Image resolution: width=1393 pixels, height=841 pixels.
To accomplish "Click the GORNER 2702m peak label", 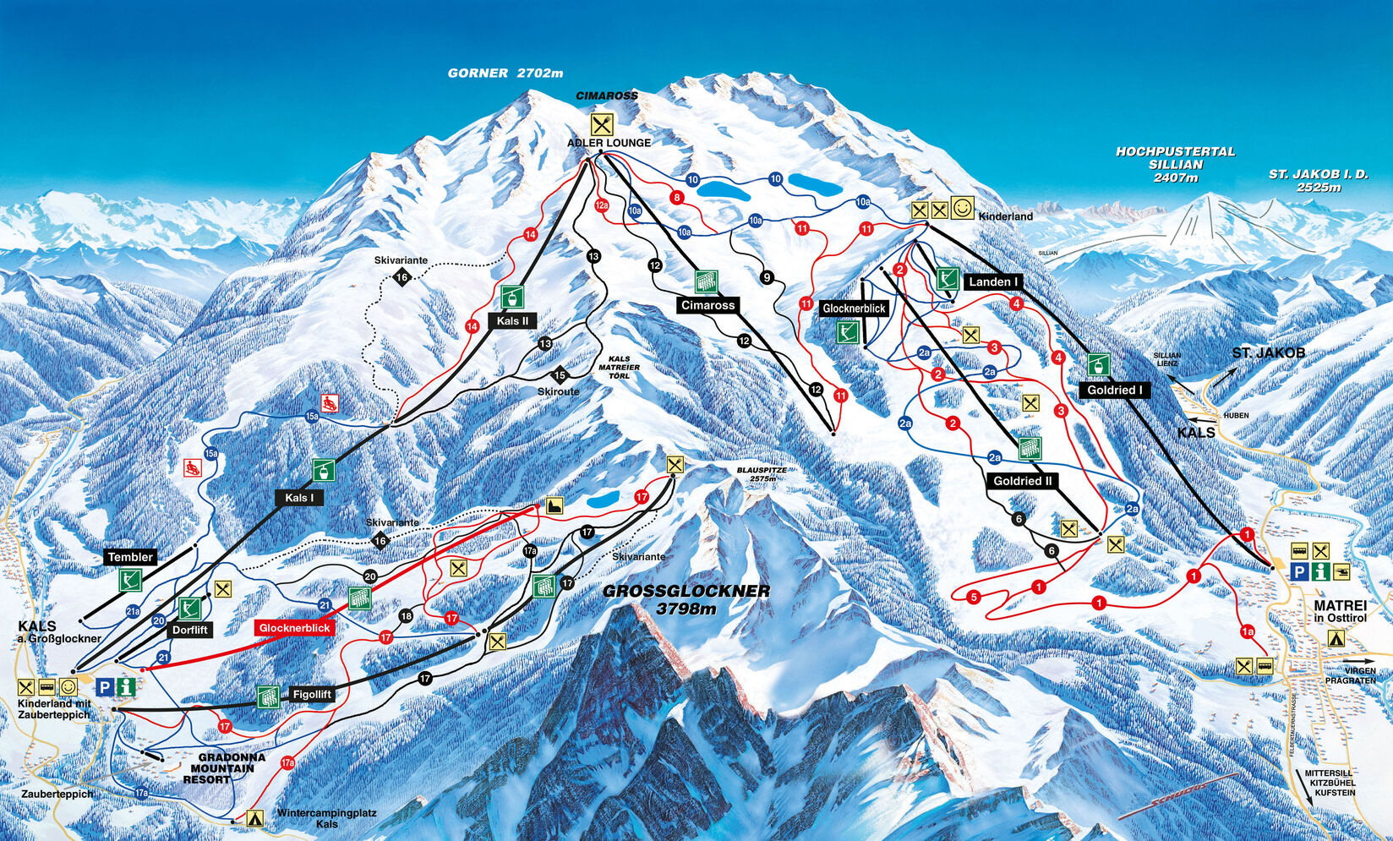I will [505, 74].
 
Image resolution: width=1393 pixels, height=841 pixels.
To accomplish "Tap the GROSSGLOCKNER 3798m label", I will [686, 599].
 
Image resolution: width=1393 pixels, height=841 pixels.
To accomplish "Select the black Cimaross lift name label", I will [707, 305].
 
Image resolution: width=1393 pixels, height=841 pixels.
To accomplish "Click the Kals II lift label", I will [512, 320].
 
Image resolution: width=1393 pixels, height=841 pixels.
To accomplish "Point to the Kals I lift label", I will [298, 498].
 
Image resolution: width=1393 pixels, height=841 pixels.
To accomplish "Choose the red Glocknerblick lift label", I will [294, 628].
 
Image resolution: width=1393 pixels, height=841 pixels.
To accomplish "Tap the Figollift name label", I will [312, 695].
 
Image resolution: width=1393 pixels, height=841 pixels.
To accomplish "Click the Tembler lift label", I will [130, 557].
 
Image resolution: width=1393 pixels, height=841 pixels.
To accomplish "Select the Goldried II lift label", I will [1023, 481].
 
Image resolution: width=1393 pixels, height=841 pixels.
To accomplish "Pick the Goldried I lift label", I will [1114, 390].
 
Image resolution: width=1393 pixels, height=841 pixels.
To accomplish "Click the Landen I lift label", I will [993, 281].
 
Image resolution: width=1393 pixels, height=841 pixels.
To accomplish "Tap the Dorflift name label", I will [190, 630].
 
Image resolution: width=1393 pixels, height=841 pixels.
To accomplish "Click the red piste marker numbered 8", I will [676, 198].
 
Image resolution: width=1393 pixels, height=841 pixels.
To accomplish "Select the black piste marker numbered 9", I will [767, 277].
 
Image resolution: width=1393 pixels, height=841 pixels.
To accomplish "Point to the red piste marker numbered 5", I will [974, 597].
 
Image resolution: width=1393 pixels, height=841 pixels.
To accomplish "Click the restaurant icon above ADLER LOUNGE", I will [601, 125].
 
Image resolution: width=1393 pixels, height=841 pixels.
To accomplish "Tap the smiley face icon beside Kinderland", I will [962, 208].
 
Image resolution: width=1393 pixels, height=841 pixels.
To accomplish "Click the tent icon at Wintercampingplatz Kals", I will [254, 818].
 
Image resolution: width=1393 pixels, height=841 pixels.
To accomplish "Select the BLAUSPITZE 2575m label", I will [762, 474].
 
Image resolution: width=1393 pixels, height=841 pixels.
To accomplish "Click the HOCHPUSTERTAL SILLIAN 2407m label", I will [1175, 165].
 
